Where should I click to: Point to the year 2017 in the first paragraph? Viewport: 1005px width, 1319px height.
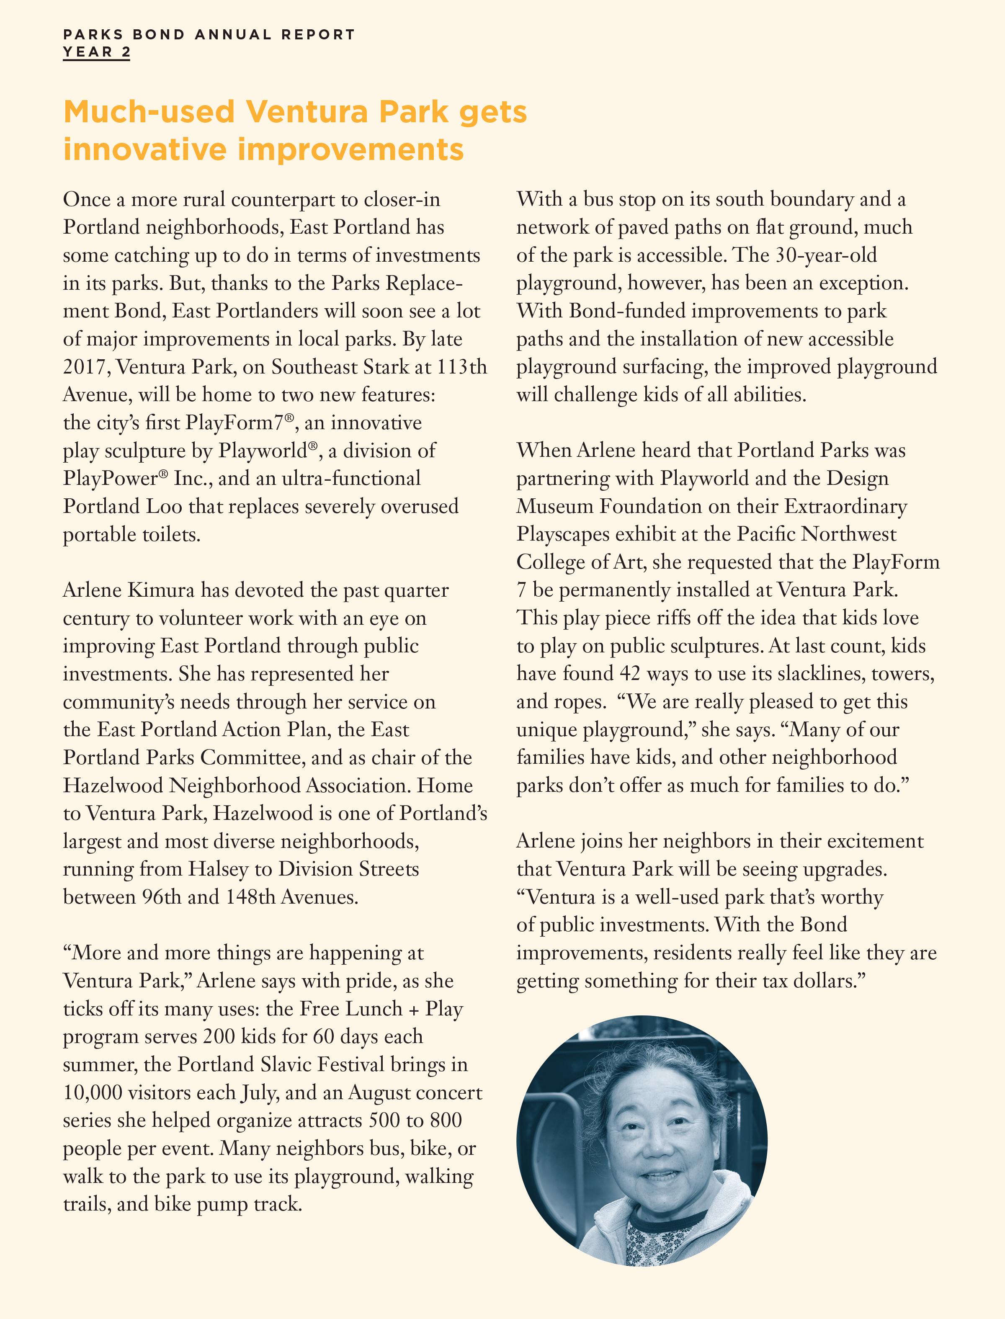[x=86, y=367]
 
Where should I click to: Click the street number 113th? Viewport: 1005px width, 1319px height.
[x=461, y=367]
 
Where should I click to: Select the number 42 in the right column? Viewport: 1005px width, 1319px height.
[x=630, y=674]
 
